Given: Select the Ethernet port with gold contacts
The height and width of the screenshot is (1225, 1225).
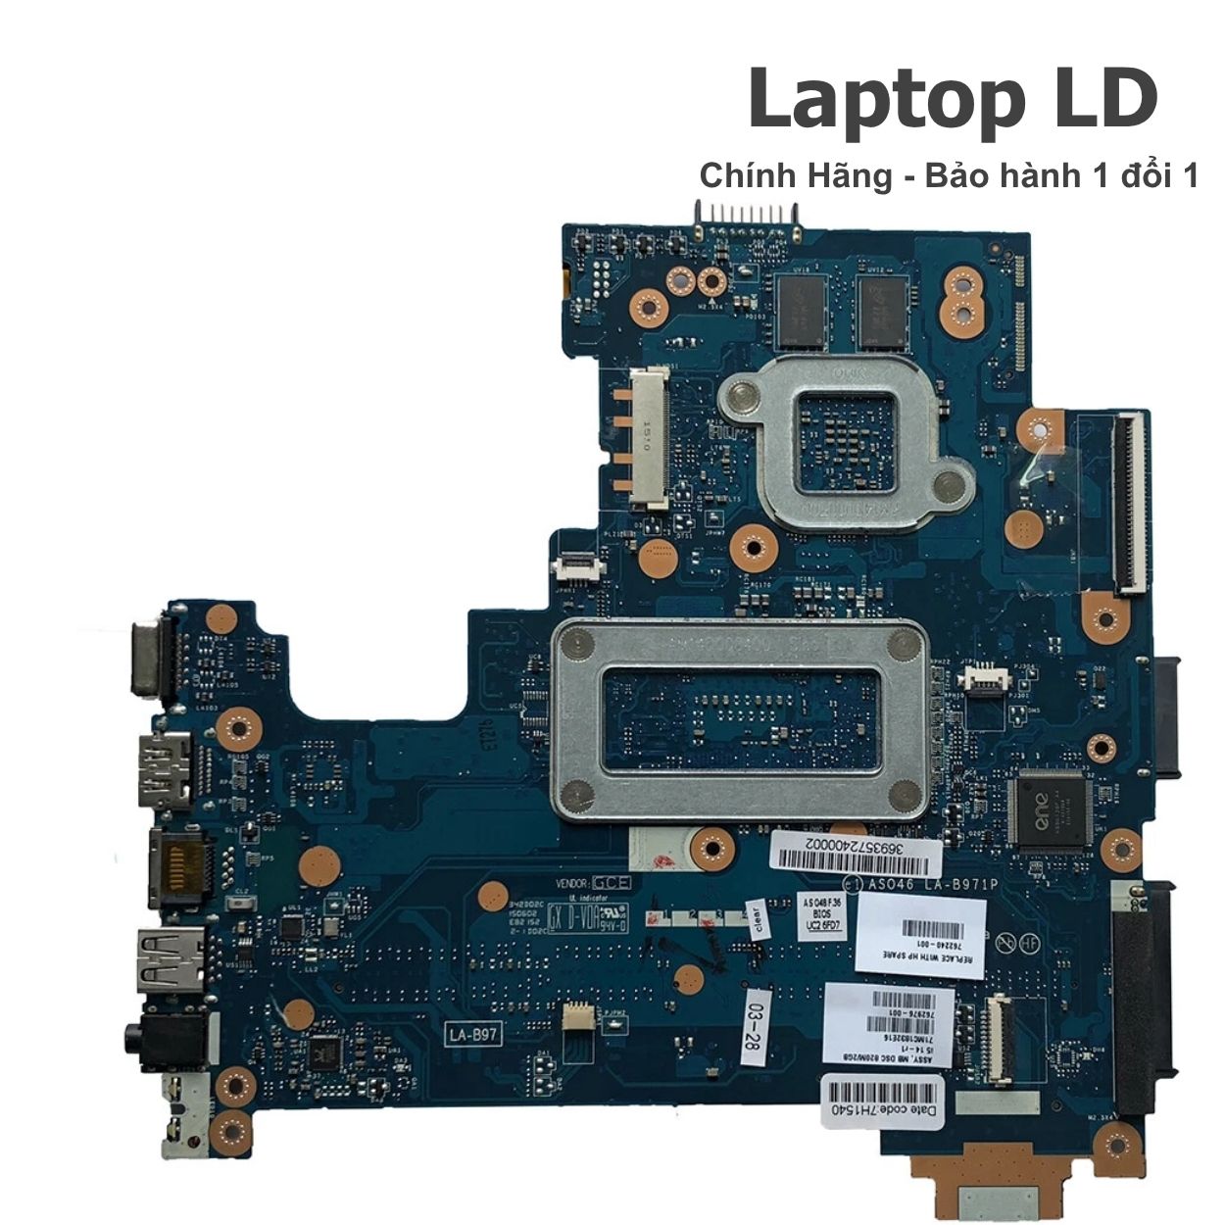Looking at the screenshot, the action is (x=178, y=865).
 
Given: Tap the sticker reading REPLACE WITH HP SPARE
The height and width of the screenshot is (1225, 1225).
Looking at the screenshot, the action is (x=919, y=935).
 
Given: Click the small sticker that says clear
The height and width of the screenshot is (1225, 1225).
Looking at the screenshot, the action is (x=756, y=920).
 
